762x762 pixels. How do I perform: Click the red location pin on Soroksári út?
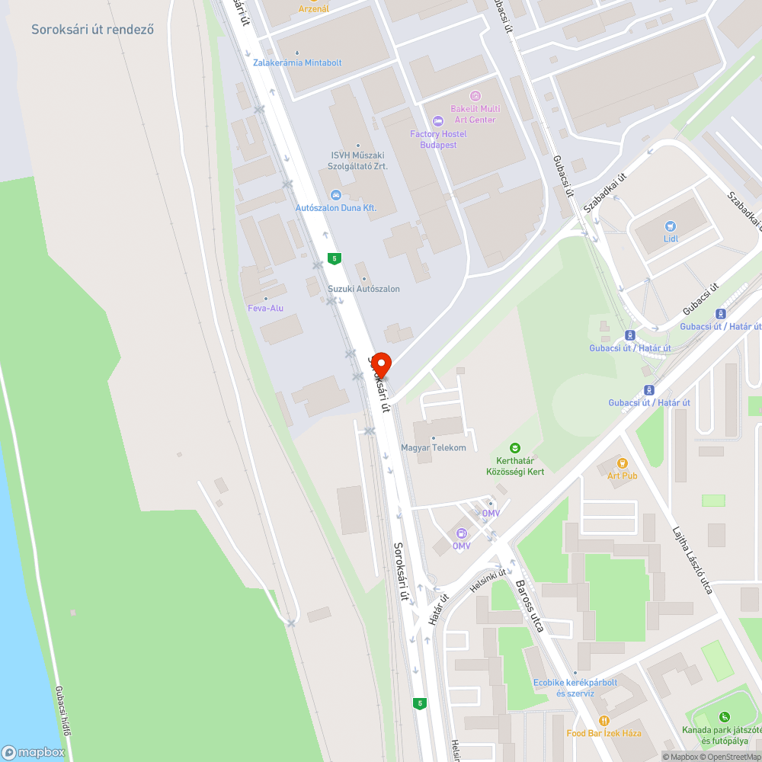click(x=380, y=363)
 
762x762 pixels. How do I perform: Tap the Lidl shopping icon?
click(x=671, y=226)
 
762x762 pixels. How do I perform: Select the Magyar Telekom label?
click(x=434, y=447)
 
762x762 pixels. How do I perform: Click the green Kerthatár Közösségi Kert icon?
click(x=515, y=448)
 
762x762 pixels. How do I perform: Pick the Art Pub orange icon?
click(x=622, y=463)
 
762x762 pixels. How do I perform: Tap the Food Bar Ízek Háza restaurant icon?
click(x=604, y=721)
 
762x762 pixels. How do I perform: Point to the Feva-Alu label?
click(x=265, y=308)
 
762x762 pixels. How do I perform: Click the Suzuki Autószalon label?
click(x=363, y=289)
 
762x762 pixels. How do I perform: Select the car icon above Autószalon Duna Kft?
click(x=336, y=194)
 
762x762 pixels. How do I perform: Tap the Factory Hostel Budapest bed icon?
click(x=437, y=121)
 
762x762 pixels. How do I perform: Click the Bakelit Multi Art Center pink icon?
click(x=475, y=95)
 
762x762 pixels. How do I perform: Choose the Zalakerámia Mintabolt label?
click(x=297, y=62)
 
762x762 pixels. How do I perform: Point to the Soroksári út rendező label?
click(x=93, y=30)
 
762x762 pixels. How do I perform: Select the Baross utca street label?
click(x=530, y=607)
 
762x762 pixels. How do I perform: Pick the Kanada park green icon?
click(x=723, y=716)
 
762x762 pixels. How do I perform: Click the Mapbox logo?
click(x=34, y=752)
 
